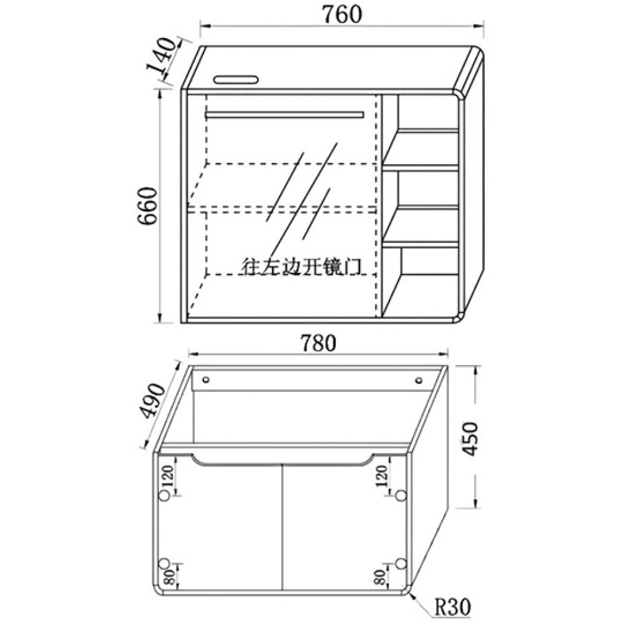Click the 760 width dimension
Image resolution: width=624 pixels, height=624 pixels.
(x=342, y=15)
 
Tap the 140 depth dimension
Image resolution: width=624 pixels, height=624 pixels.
(x=162, y=59)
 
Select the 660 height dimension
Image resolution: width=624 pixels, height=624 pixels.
(x=148, y=206)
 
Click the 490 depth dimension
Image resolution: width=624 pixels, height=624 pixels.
(x=154, y=401)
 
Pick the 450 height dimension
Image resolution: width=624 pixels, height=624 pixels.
(x=470, y=439)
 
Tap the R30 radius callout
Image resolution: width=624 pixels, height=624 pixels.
(x=452, y=608)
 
